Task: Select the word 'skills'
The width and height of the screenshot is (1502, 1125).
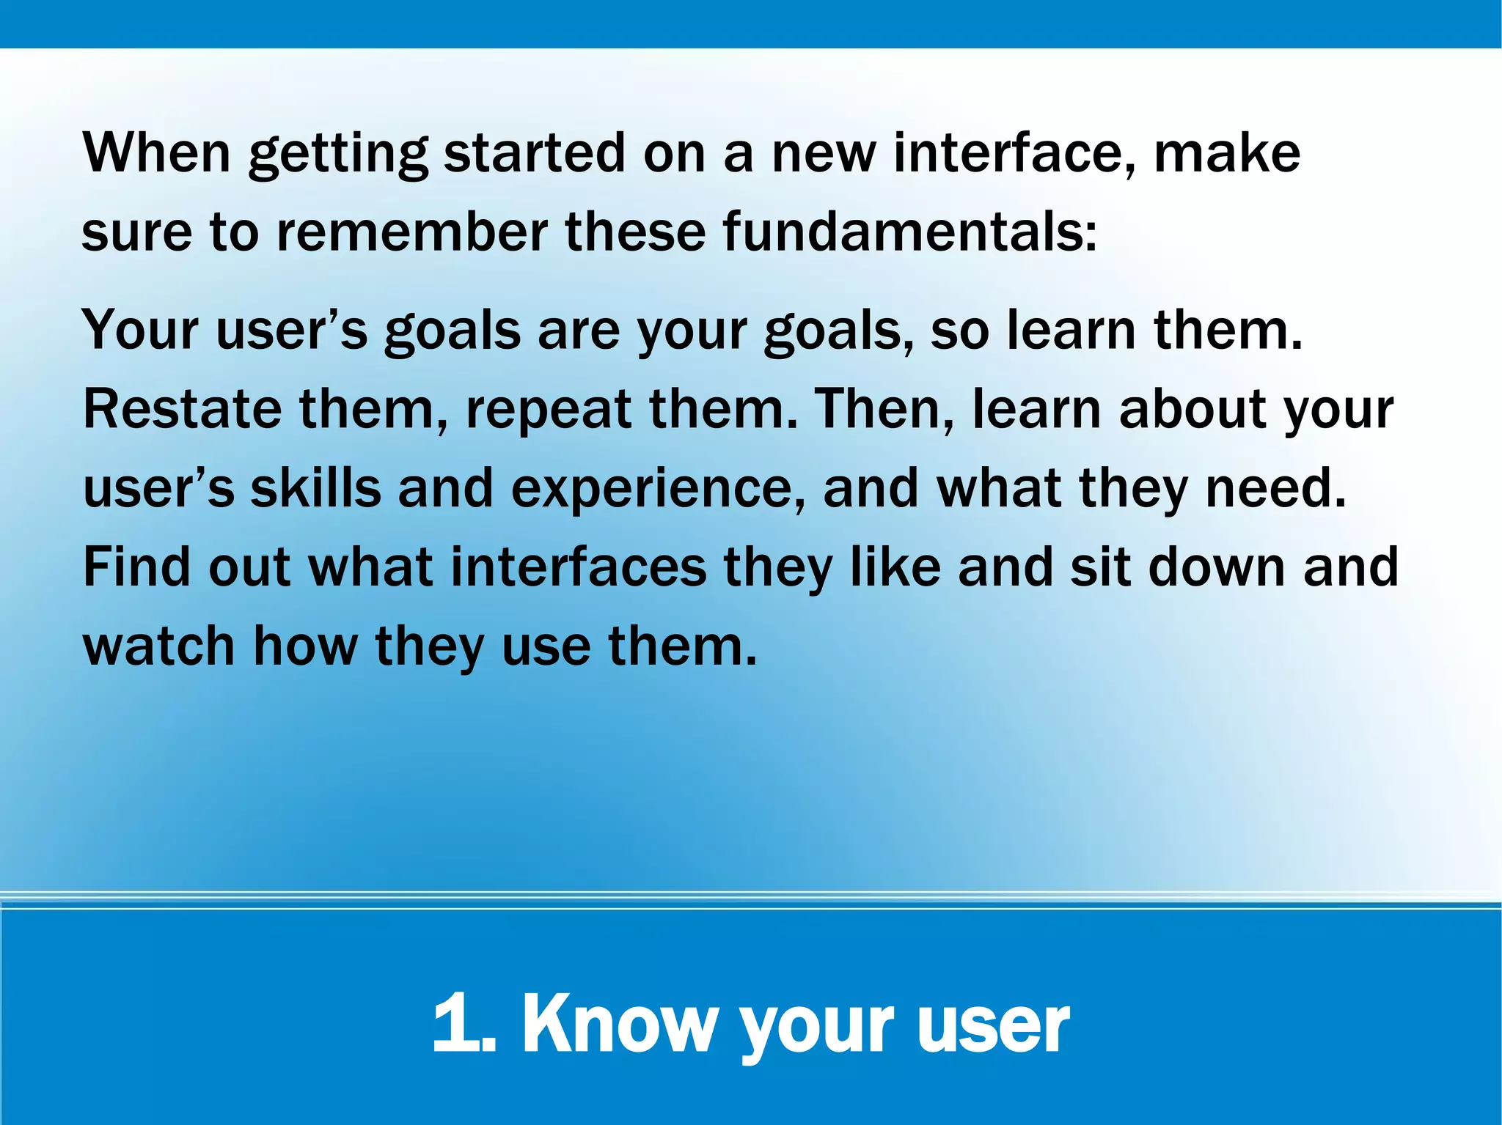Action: (316, 488)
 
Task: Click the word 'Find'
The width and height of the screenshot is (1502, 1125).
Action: (136, 567)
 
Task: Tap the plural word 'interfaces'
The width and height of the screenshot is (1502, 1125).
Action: (579, 567)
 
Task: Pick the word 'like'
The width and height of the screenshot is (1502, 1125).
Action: (895, 567)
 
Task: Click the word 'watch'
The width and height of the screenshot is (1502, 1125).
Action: (159, 646)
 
